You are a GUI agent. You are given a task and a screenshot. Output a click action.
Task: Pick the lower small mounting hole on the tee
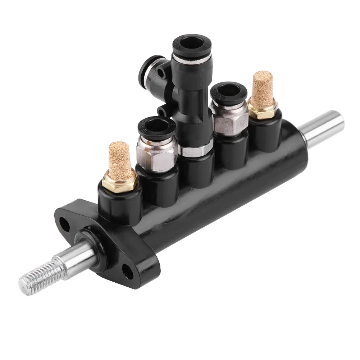161,110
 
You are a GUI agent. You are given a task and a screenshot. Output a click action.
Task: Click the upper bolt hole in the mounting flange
65,225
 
